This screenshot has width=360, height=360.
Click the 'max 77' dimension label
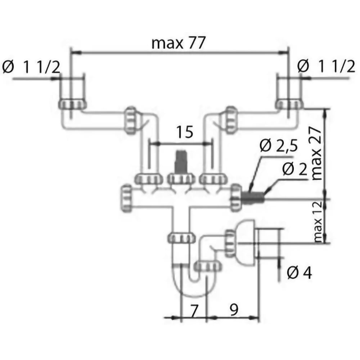[178, 43]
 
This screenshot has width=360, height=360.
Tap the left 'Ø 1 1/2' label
[31, 67]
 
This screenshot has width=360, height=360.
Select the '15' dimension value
[184, 132]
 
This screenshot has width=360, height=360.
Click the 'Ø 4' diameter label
[299, 273]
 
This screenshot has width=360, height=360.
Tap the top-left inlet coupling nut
[72, 104]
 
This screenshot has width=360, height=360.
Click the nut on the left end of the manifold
[127, 198]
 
